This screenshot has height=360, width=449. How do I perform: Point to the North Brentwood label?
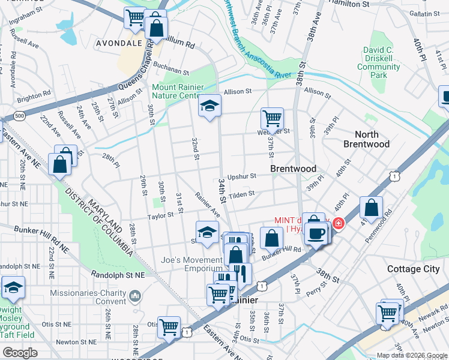pos(367,139)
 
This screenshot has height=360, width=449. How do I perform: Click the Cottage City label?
pos(414,269)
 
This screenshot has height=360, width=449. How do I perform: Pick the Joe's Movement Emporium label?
pos(187,264)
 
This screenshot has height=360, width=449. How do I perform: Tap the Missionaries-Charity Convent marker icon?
pos(135,295)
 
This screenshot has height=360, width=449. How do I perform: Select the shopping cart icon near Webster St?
pos(272,119)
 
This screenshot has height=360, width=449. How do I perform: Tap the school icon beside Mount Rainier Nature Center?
pos(209,107)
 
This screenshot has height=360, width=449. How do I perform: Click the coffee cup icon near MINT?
pos(316,233)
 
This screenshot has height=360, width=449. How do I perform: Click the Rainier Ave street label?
pos(207,205)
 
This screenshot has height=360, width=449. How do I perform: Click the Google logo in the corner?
pos(20,352)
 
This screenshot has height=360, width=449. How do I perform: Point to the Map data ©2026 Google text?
pos(411,355)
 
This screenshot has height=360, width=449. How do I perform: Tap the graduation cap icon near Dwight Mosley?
pos(13,287)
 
